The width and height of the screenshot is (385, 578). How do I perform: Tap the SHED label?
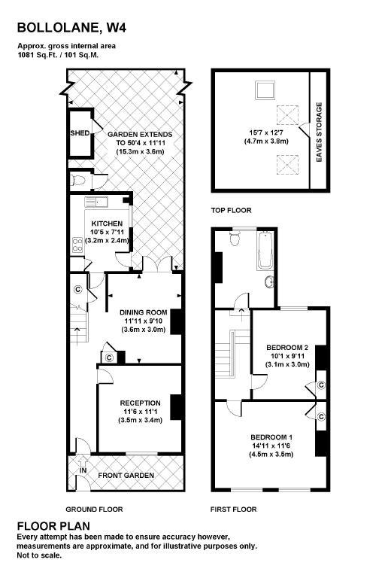[79, 134]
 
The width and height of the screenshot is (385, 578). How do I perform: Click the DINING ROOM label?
[143, 312]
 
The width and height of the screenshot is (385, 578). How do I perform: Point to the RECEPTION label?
[140, 403]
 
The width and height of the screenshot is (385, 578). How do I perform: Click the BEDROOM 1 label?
[272, 437]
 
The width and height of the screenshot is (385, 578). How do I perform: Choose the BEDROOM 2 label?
[288, 347]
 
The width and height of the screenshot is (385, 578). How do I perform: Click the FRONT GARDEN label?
[126, 476]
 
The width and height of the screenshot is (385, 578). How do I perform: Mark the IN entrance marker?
[83, 472]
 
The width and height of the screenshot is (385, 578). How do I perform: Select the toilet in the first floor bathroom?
[234, 240]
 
